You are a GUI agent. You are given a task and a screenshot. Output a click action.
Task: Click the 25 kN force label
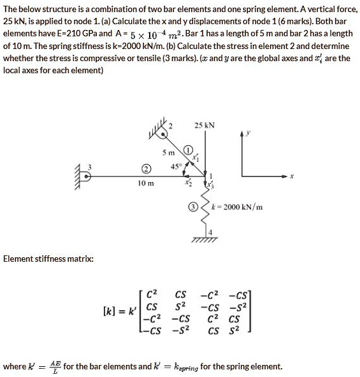tap(205, 125)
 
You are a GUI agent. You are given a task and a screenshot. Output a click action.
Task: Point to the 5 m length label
tap(168, 153)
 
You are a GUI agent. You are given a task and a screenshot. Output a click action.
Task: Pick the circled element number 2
tap(145, 169)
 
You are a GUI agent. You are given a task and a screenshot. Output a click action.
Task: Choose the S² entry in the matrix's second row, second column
tap(180, 306)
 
